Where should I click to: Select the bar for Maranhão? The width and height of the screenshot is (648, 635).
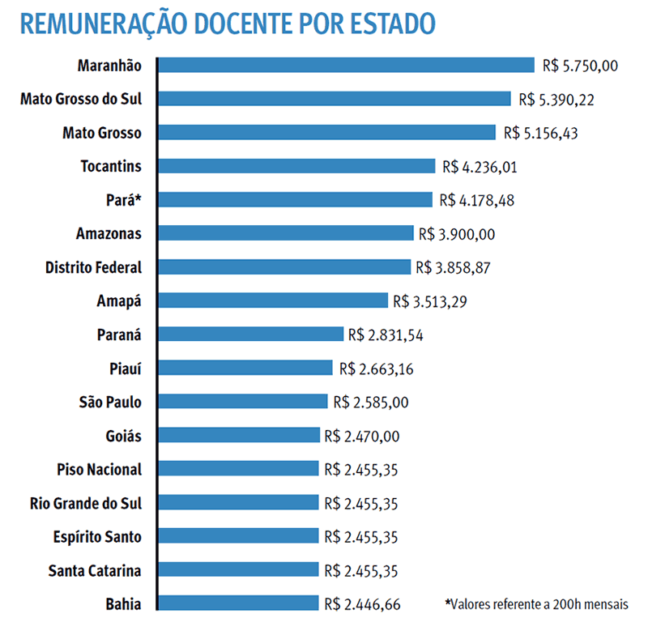(x=346, y=65)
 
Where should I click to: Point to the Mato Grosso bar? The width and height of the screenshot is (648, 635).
(x=326, y=132)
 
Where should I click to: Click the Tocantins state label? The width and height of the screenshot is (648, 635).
(x=111, y=166)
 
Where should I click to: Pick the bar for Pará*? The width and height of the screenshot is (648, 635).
(x=295, y=200)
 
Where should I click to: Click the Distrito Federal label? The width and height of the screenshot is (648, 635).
(x=93, y=267)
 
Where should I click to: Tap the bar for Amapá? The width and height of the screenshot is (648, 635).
(x=273, y=300)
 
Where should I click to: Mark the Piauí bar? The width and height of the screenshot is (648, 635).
(x=245, y=368)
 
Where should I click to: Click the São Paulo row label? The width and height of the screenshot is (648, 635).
(x=110, y=402)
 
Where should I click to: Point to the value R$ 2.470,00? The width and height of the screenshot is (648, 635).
(x=361, y=437)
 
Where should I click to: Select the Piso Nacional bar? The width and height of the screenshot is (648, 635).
(x=239, y=469)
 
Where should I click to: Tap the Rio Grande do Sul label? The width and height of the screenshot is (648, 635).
(x=85, y=503)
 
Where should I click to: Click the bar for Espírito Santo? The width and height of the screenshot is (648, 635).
(x=239, y=536)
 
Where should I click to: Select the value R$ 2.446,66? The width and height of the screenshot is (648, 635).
(x=361, y=604)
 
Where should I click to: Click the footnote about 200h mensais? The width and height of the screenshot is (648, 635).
(x=536, y=603)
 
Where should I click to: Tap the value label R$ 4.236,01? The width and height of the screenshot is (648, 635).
(x=480, y=167)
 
